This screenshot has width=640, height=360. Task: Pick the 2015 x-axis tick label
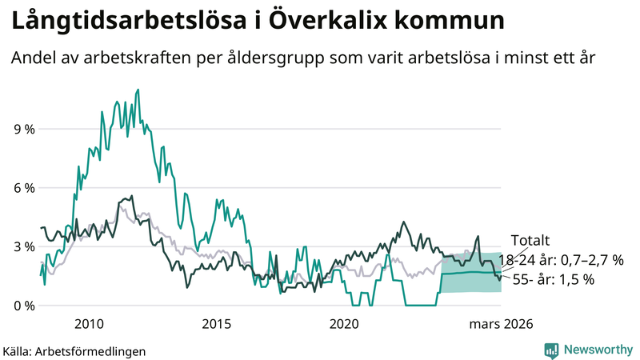pos(216,324)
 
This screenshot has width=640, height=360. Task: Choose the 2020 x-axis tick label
pos(343,324)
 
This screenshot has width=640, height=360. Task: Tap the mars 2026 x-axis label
pos(501,324)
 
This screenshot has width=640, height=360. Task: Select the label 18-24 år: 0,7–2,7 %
pos(560,260)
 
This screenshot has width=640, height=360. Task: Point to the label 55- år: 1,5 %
pos(552,279)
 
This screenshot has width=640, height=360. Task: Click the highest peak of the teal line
pos(138,90)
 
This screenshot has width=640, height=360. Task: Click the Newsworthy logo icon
pos(551,350)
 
